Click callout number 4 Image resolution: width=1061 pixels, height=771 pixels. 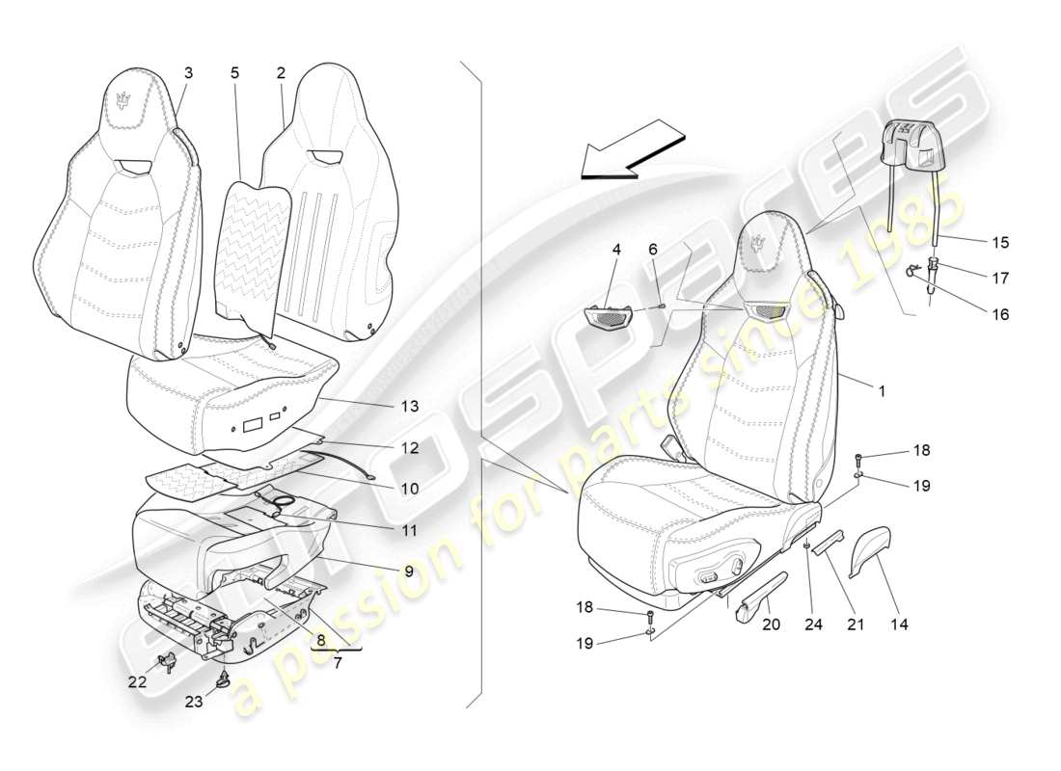coord(616,249)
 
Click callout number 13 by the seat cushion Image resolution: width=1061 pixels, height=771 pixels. coord(410,406)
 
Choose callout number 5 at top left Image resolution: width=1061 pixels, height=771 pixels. coord(234,72)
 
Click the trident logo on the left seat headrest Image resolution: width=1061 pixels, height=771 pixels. coord(123,100)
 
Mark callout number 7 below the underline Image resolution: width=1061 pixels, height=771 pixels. coord(335,664)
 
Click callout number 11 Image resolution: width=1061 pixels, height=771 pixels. coord(410,530)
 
